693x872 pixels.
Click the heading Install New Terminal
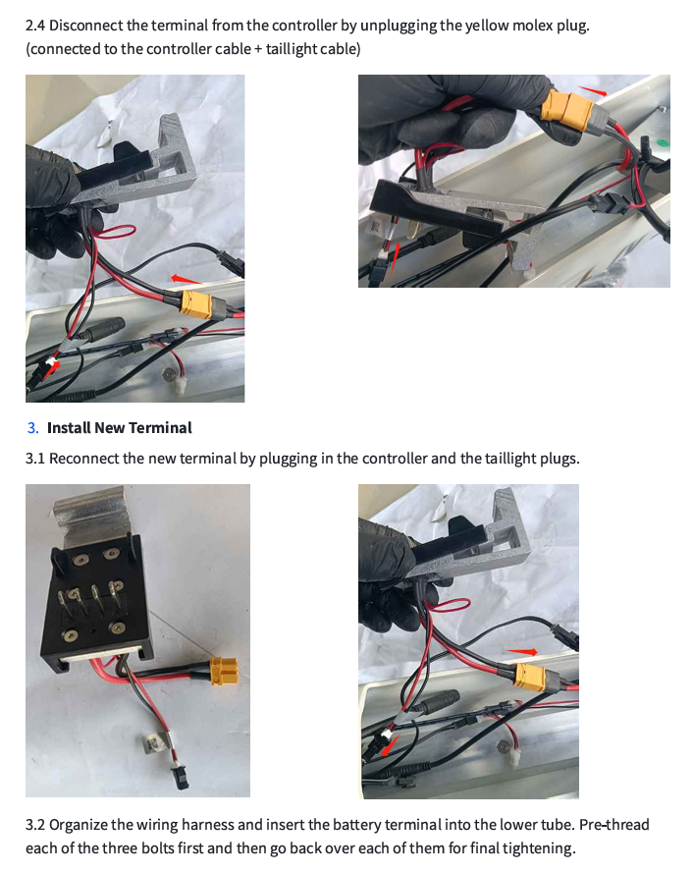[x=119, y=428]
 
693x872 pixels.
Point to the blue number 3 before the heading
[x=32, y=428]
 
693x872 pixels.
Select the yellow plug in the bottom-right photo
[x=531, y=677]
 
